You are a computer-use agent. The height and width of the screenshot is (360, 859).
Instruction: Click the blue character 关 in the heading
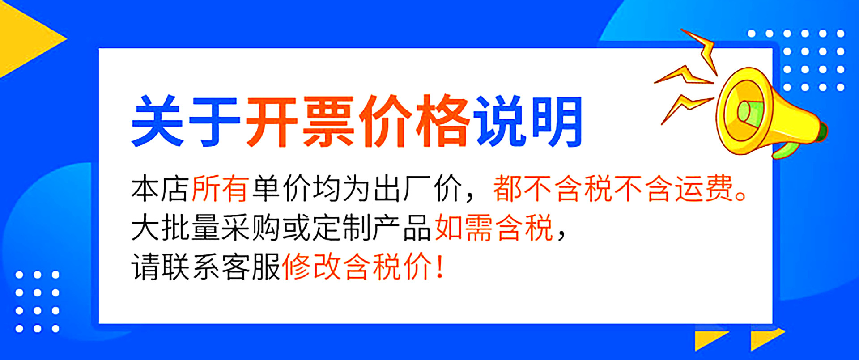[x=157, y=121]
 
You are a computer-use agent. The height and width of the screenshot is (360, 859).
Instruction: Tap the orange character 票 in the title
[x=328, y=121]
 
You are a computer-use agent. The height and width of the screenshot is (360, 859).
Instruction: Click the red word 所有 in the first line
[x=220, y=189]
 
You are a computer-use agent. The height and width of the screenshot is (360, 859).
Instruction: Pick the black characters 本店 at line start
[x=160, y=189]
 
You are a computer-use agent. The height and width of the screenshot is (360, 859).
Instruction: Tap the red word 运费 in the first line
[x=704, y=189]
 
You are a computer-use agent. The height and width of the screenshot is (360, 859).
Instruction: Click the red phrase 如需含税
[x=494, y=228]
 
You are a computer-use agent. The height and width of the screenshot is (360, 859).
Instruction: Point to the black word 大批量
[x=175, y=228]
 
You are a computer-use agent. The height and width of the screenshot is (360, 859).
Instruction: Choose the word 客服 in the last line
[x=251, y=267]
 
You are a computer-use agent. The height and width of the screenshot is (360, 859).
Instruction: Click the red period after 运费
[x=741, y=196]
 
